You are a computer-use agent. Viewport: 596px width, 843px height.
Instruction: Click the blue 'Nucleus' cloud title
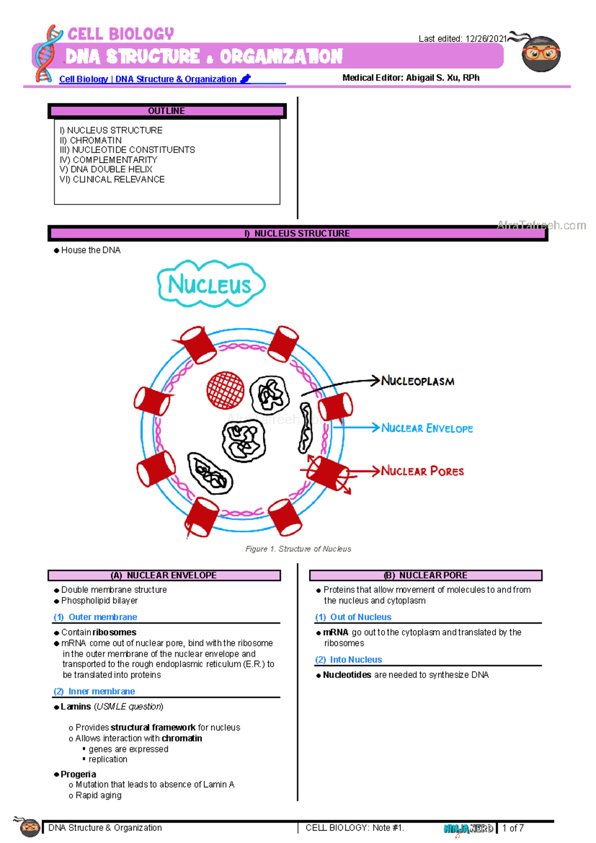coord(211,284)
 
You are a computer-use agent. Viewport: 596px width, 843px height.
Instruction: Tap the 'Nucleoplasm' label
coord(417,381)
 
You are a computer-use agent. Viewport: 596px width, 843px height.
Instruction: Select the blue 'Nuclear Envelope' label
coord(427,428)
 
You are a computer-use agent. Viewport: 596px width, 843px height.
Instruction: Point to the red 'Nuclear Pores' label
coord(422,471)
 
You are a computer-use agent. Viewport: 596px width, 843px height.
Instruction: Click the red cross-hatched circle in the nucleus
coord(225,390)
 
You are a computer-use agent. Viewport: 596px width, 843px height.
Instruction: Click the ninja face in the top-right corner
coord(541,54)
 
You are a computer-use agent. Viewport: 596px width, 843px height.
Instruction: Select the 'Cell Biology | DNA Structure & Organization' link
coord(148,79)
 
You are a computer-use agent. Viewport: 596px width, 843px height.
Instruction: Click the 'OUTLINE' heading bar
coord(167,111)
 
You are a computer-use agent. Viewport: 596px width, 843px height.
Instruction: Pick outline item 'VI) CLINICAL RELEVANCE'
coord(112,179)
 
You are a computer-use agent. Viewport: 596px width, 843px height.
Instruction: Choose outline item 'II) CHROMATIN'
coord(91,140)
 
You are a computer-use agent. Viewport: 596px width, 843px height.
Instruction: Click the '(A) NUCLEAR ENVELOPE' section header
coord(164,575)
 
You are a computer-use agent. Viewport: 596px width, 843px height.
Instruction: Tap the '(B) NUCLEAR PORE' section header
coord(426,575)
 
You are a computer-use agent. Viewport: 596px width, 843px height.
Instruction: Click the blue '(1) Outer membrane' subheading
coord(95,617)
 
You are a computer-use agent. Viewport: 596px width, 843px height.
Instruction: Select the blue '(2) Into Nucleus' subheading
coord(349,660)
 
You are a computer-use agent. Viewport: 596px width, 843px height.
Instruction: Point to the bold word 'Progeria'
coord(78,774)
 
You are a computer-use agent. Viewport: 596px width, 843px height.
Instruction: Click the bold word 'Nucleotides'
coord(347,674)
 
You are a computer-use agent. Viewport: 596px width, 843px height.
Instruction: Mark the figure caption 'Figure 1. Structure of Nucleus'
coord(298,549)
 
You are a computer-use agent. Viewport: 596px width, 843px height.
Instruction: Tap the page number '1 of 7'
coord(513,828)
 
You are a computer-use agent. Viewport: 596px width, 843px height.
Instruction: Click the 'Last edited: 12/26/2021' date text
coord(462,39)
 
